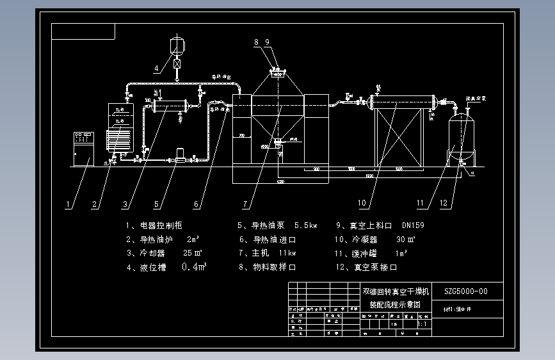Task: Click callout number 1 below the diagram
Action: (67, 205)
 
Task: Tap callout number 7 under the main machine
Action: (245, 205)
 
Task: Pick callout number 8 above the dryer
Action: (257, 42)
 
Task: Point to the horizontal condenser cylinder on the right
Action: (403, 101)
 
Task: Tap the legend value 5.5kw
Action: (305, 225)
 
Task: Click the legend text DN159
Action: (413, 225)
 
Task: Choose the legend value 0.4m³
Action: (194, 266)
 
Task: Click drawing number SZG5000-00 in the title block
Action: (465, 291)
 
